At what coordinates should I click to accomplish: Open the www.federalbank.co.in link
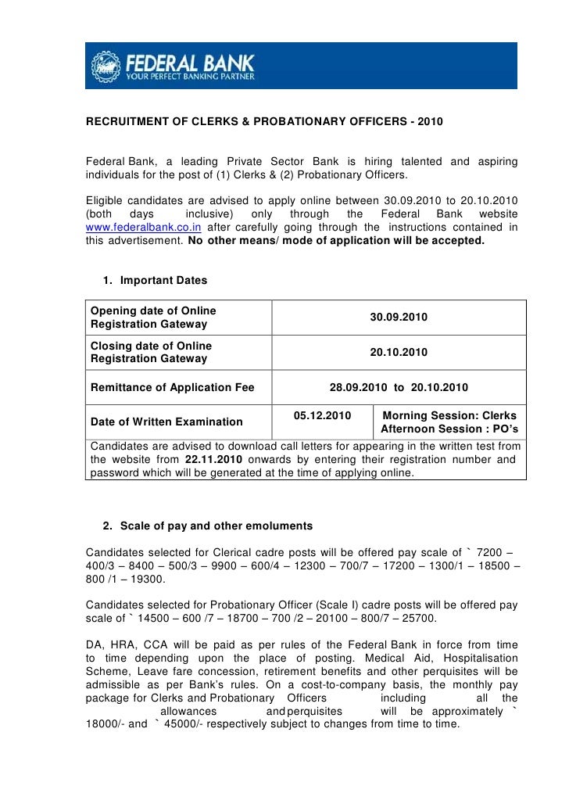[x=144, y=228]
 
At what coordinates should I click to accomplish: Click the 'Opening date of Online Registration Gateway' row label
[x=153, y=318]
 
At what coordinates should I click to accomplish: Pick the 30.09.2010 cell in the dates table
[x=398, y=318]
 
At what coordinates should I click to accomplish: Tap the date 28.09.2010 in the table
[x=358, y=386]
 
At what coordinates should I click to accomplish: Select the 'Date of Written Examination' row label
[x=166, y=422]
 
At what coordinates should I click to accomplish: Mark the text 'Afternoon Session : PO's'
[x=450, y=429]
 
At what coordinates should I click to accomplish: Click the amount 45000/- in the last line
[x=186, y=723]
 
